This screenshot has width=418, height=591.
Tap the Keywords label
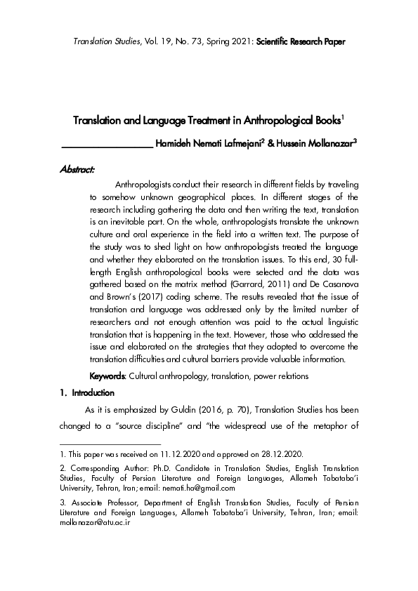(107, 376)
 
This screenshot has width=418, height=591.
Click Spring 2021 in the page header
(215, 41)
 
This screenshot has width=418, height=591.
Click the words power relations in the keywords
(280, 376)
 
